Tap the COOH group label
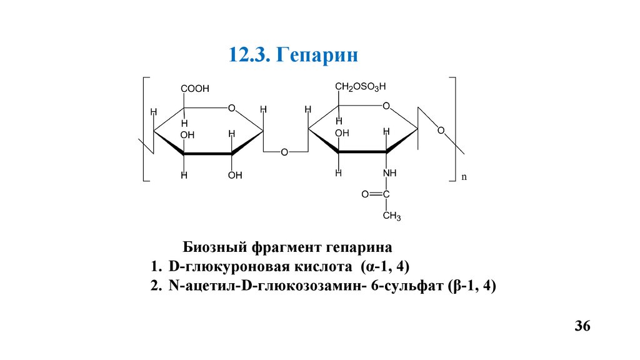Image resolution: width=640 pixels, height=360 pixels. [195, 89]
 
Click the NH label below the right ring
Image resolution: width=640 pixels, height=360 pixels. [390, 172]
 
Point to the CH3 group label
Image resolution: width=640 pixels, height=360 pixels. [391, 216]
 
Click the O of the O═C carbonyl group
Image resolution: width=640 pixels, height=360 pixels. [366, 194]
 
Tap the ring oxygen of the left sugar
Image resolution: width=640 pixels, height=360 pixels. [231, 109]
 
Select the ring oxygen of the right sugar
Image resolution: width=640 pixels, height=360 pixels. [386, 106]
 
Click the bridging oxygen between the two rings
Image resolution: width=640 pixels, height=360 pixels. [284, 152]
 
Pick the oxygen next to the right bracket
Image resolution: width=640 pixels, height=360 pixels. [441, 131]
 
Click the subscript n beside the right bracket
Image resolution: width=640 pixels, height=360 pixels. [464, 177]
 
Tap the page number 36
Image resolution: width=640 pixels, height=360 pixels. [582, 327]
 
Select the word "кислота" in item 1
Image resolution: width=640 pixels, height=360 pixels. [321, 267]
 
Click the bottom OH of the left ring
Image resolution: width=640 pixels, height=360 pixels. [235, 175]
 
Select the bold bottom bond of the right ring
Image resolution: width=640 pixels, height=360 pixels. [362, 152]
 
